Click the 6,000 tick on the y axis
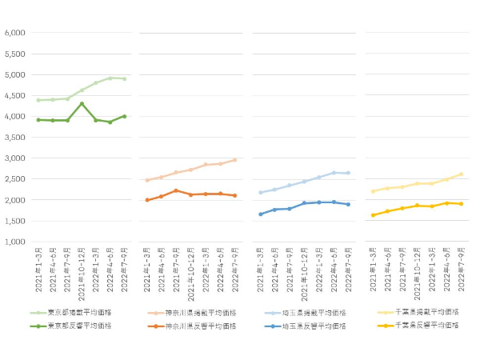pyautogui.click(x=15, y=33)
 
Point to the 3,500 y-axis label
pyautogui.click(x=15, y=138)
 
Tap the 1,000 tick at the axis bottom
pyautogui.click(x=15, y=242)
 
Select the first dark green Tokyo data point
pyautogui.click(x=38, y=120)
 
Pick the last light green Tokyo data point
pyautogui.click(x=124, y=79)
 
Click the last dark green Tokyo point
pyautogui.click(x=124, y=116)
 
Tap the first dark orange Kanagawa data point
pyautogui.click(x=147, y=200)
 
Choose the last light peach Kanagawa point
pyautogui.click(x=235, y=160)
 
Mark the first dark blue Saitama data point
pyautogui.click(x=261, y=214)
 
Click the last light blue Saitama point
pyautogui.click(x=347, y=173)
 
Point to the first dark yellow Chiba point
pyautogui.click(x=373, y=215)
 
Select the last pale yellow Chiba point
pyautogui.click(x=461, y=174)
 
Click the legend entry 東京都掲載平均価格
pyautogui.click(x=83, y=313)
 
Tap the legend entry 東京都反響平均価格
pyautogui.click(x=83, y=326)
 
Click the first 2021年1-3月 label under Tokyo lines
pyautogui.click(x=38, y=270)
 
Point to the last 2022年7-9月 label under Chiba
pyautogui.click(x=461, y=270)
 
